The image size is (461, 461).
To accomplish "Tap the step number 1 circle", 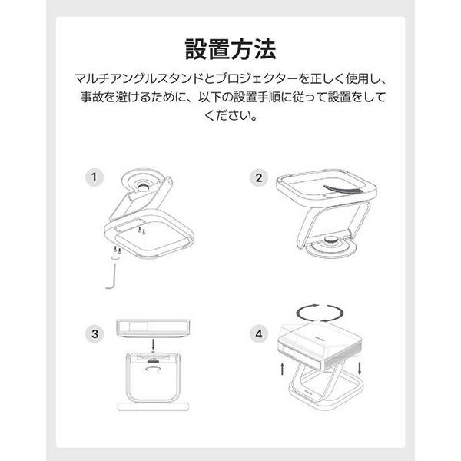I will pyautogui.click(x=93, y=177).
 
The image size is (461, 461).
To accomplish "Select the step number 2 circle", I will pyautogui.click(x=259, y=177).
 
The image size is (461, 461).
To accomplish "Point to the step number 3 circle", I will pyautogui.click(x=93, y=334).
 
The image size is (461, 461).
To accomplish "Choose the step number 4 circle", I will pyautogui.click(x=259, y=334).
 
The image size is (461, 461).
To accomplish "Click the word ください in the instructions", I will pyautogui.click(x=230, y=117).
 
